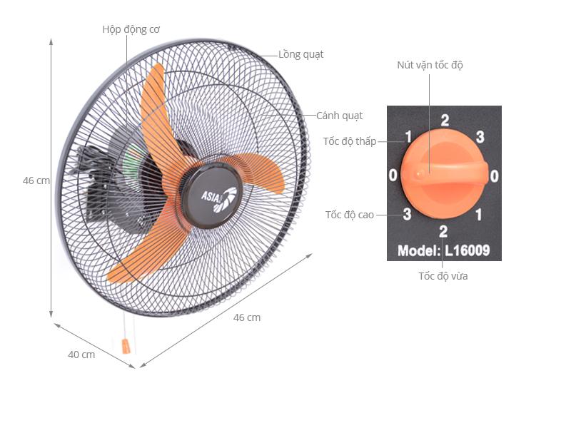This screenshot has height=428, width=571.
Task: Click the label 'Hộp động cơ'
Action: click(131, 30)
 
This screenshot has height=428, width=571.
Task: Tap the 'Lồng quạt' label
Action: click(300, 55)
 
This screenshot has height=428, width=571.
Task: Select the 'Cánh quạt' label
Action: click(339, 116)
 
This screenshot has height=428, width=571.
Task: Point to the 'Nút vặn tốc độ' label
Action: click(430, 66)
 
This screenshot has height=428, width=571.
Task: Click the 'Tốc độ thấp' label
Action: click(350, 141)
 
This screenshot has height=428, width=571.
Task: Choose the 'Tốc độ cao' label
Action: click(350, 215)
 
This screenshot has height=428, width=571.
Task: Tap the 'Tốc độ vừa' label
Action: click(443, 276)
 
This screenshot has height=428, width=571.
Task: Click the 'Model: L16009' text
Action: click(443, 250)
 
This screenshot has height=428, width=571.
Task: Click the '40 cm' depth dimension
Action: click(81, 355)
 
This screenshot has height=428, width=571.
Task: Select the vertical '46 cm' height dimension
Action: click(36, 180)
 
